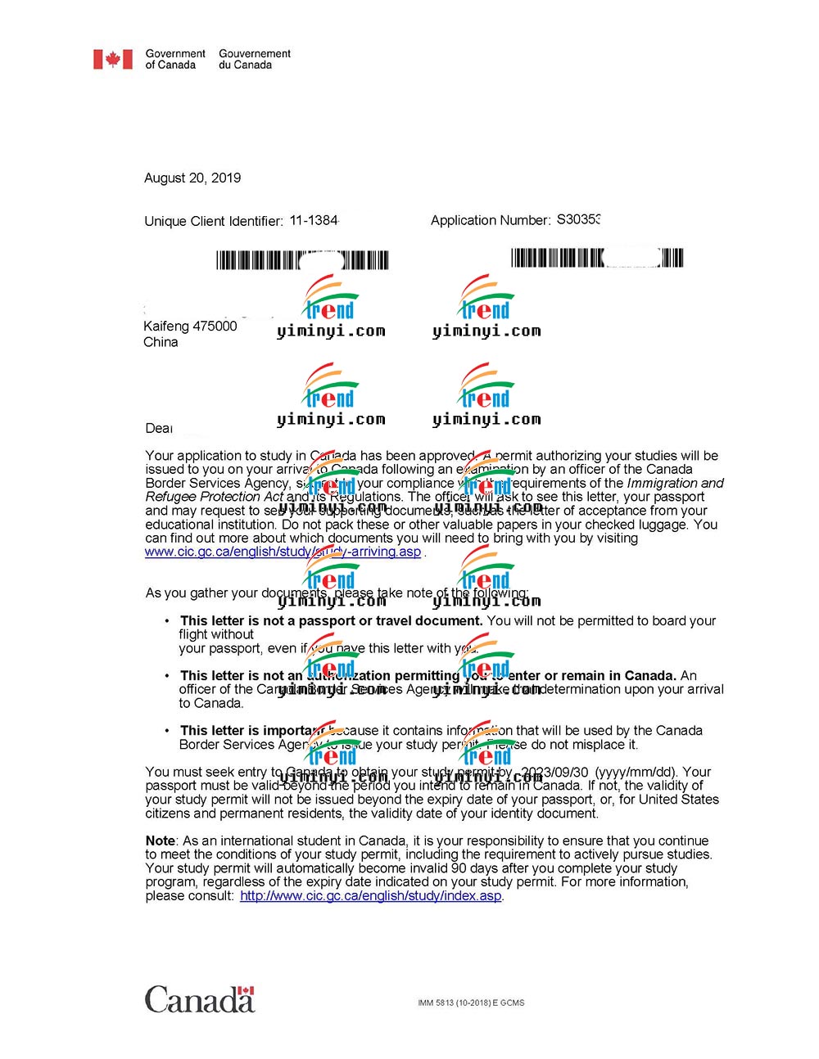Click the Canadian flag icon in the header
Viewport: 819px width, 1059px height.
tap(112, 59)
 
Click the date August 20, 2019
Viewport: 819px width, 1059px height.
tap(192, 178)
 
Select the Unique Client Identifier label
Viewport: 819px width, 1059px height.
tap(214, 221)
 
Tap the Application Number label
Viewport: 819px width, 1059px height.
tap(491, 221)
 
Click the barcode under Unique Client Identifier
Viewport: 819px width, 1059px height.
tap(301, 261)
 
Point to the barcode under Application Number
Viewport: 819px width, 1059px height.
tap(596, 259)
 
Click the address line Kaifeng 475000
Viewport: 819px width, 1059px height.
tap(190, 327)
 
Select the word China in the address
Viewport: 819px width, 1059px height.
tap(161, 342)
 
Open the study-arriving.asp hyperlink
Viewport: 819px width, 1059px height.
tap(283, 552)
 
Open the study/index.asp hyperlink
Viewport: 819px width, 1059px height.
tap(370, 896)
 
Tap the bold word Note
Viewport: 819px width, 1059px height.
tap(161, 841)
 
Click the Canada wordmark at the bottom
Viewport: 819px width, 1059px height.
tap(200, 1000)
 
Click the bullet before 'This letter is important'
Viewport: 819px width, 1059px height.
tap(168, 731)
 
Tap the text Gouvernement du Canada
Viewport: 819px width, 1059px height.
tap(254, 59)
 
